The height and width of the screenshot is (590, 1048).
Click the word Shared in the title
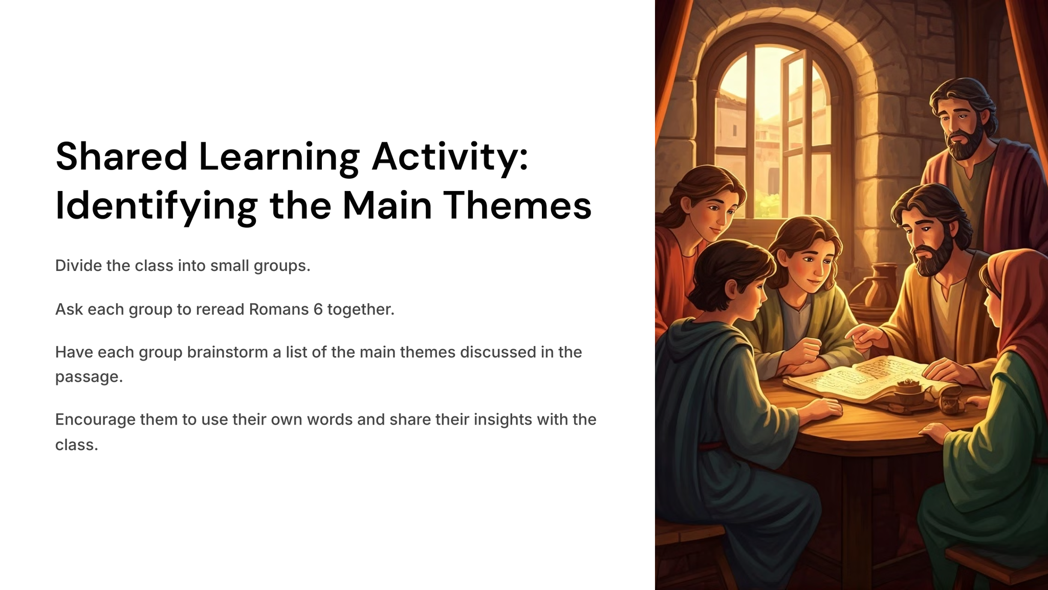(122, 156)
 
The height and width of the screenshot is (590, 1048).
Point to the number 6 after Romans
(318, 309)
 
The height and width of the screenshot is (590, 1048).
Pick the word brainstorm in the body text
(227, 352)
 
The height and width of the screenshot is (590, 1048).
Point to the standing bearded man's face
(962, 128)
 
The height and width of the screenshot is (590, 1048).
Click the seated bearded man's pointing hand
(865, 338)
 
